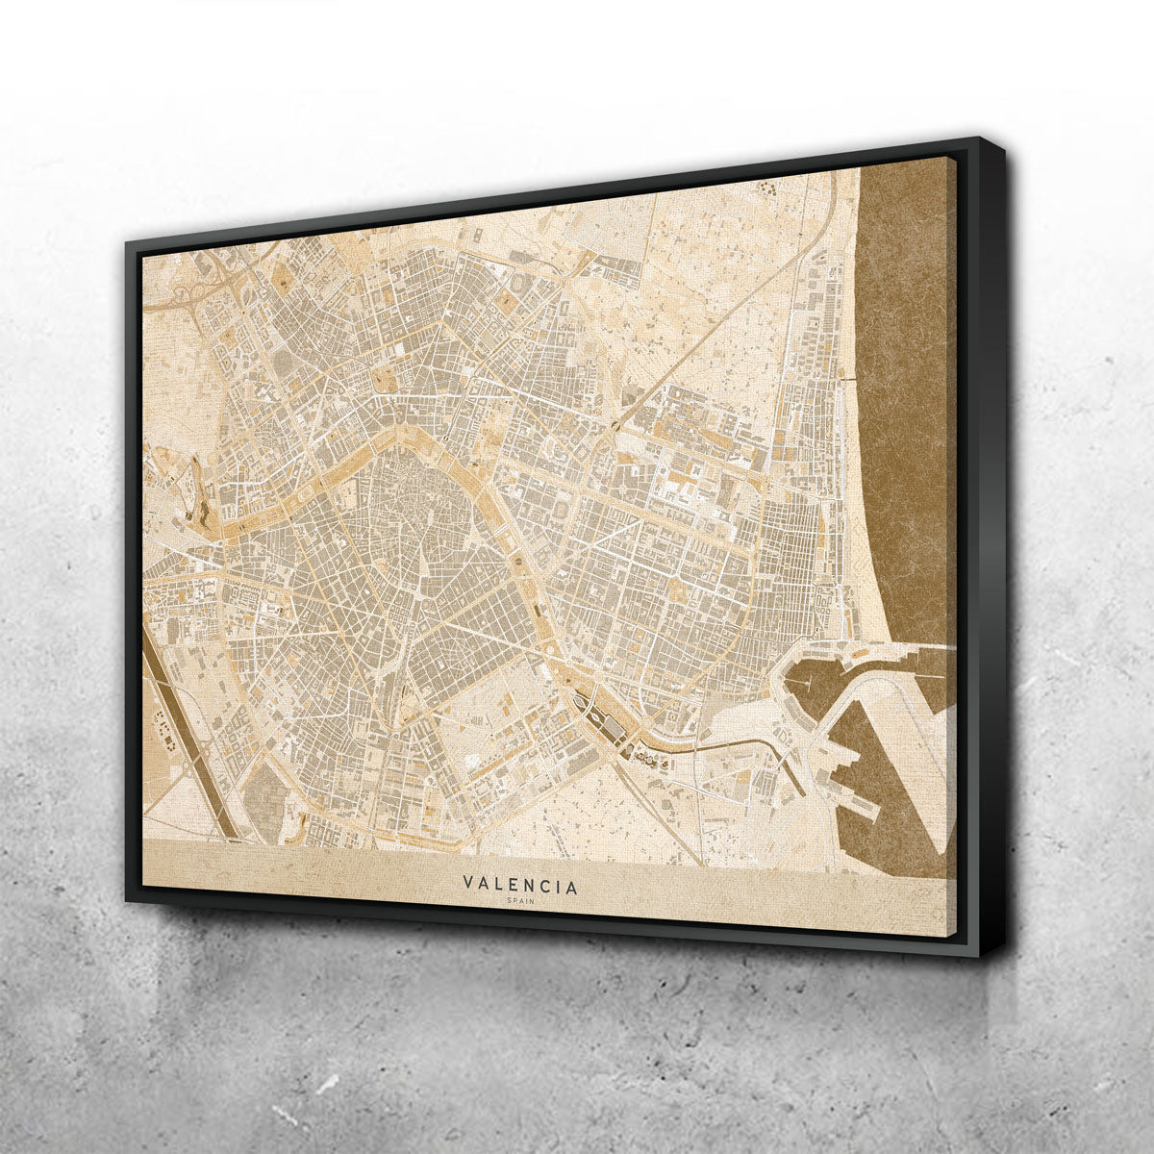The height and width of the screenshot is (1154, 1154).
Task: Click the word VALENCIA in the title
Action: tap(520, 885)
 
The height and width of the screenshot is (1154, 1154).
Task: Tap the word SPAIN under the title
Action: tap(521, 901)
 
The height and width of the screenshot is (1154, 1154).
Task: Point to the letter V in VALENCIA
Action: tap(467, 882)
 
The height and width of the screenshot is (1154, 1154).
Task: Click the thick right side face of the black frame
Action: tap(991, 548)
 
